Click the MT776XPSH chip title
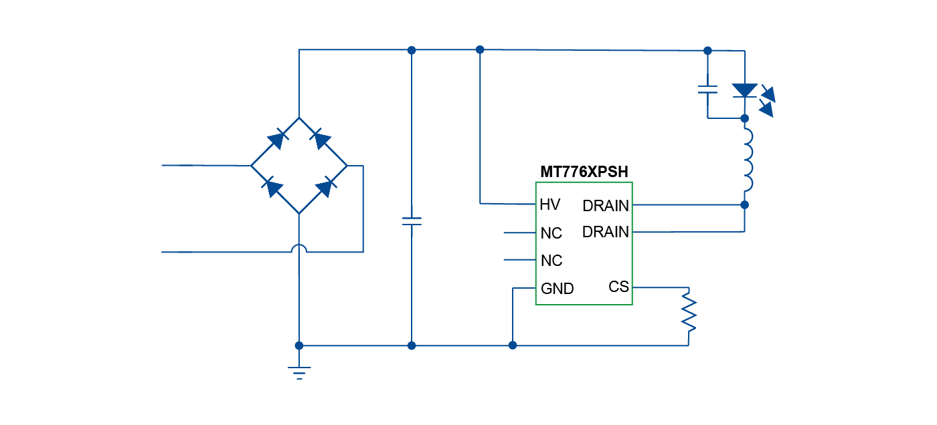click(x=584, y=172)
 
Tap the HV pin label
click(x=549, y=204)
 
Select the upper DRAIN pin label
click(x=606, y=205)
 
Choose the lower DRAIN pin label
click(x=606, y=232)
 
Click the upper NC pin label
click(x=551, y=233)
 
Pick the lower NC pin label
click(x=551, y=261)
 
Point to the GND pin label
click(x=557, y=289)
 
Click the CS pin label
click(x=618, y=287)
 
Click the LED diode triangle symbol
click(x=744, y=90)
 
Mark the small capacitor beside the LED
click(x=707, y=89)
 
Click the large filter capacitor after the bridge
click(x=412, y=221)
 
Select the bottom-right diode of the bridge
click(x=325, y=188)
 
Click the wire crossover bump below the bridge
click(x=299, y=249)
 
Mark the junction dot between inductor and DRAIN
click(x=745, y=204)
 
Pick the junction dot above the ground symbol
click(x=299, y=345)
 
